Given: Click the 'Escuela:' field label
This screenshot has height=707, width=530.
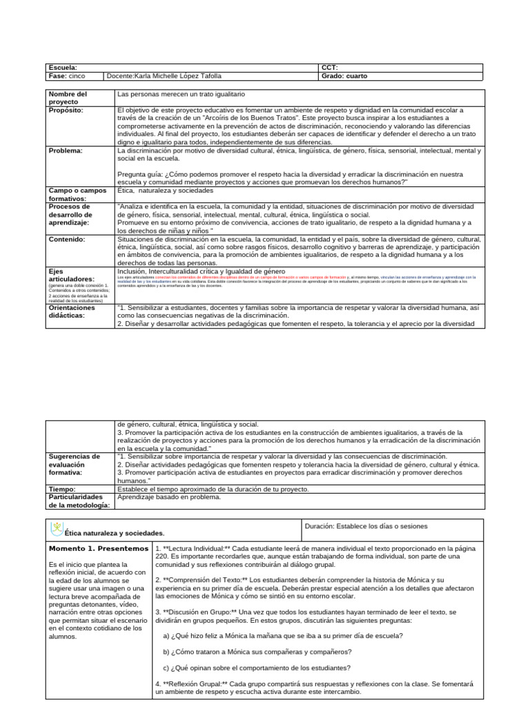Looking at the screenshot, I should pos(63,68).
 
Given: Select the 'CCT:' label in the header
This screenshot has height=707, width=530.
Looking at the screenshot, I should pos(329,68).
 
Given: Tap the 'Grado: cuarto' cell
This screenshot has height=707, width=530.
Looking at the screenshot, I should pos(344,76).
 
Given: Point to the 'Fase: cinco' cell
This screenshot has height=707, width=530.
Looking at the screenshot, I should pos(67,76).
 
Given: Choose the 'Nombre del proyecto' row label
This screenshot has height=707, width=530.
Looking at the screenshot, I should pos(68,97).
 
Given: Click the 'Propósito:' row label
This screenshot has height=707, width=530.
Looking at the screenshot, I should pos(66,110).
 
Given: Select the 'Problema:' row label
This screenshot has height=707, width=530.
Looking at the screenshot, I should pos(65,150).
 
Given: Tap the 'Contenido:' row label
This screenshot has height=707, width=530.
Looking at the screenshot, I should pos(66,239).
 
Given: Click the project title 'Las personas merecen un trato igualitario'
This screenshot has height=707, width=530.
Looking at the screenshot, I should pos(181,93).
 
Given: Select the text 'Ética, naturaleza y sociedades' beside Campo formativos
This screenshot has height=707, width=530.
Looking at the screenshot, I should pos(166,190).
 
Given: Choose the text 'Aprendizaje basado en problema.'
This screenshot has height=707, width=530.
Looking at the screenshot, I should pos(169,497).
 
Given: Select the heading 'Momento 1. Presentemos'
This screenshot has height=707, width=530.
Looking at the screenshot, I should pos(98,548).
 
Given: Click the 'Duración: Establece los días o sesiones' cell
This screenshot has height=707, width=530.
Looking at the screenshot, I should pos(366,526).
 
